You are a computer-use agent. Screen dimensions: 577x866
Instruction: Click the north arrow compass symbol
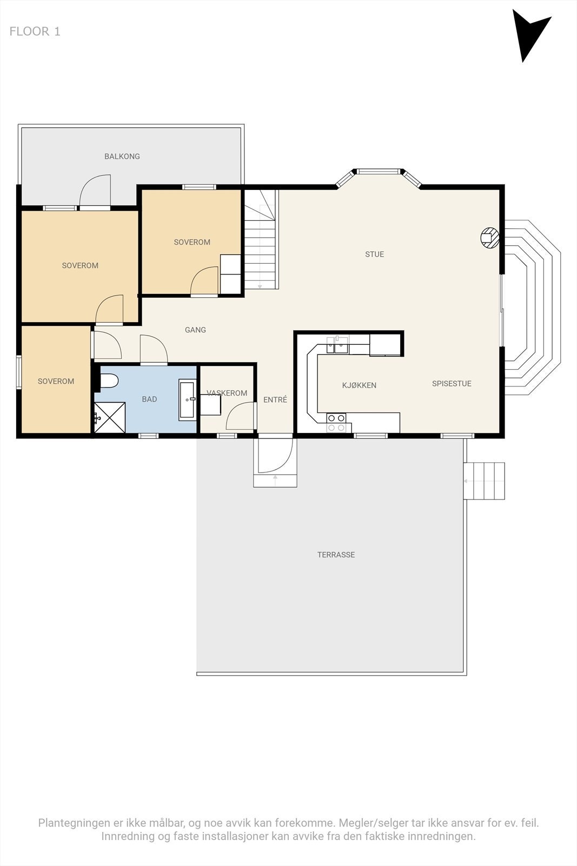(528, 33)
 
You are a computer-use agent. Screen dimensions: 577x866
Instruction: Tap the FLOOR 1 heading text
(35, 31)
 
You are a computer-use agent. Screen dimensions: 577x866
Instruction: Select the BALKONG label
(122, 156)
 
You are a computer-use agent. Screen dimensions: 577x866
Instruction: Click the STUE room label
(375, 254)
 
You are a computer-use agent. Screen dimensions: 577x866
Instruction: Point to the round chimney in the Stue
(490, 238)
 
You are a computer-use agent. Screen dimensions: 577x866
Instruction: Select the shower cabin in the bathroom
(110, 417)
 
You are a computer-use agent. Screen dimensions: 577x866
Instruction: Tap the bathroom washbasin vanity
(187, 399)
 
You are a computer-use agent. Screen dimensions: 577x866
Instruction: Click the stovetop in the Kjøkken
(336, 423)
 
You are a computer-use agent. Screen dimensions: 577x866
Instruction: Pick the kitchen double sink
(337, 345)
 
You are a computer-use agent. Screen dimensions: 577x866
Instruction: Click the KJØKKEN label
(359, 385)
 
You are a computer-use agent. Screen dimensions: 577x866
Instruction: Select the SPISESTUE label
(452, 384)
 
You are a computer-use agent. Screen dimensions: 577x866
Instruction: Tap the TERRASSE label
(336, 555)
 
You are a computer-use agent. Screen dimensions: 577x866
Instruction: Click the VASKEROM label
(227, 393)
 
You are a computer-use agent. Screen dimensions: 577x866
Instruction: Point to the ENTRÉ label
(275, 399)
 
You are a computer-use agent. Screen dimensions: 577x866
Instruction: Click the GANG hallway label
(195, 330)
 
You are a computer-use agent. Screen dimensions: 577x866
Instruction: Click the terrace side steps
(485, 481)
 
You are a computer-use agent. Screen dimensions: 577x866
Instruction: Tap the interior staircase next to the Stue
(261, 240)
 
